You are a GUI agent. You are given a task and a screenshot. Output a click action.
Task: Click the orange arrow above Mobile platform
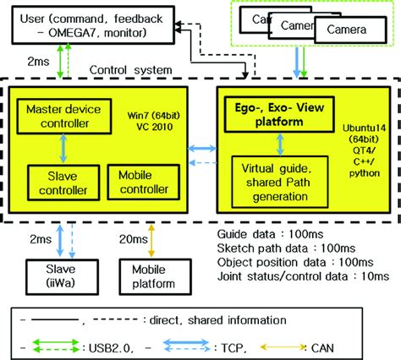pos(150,240)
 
